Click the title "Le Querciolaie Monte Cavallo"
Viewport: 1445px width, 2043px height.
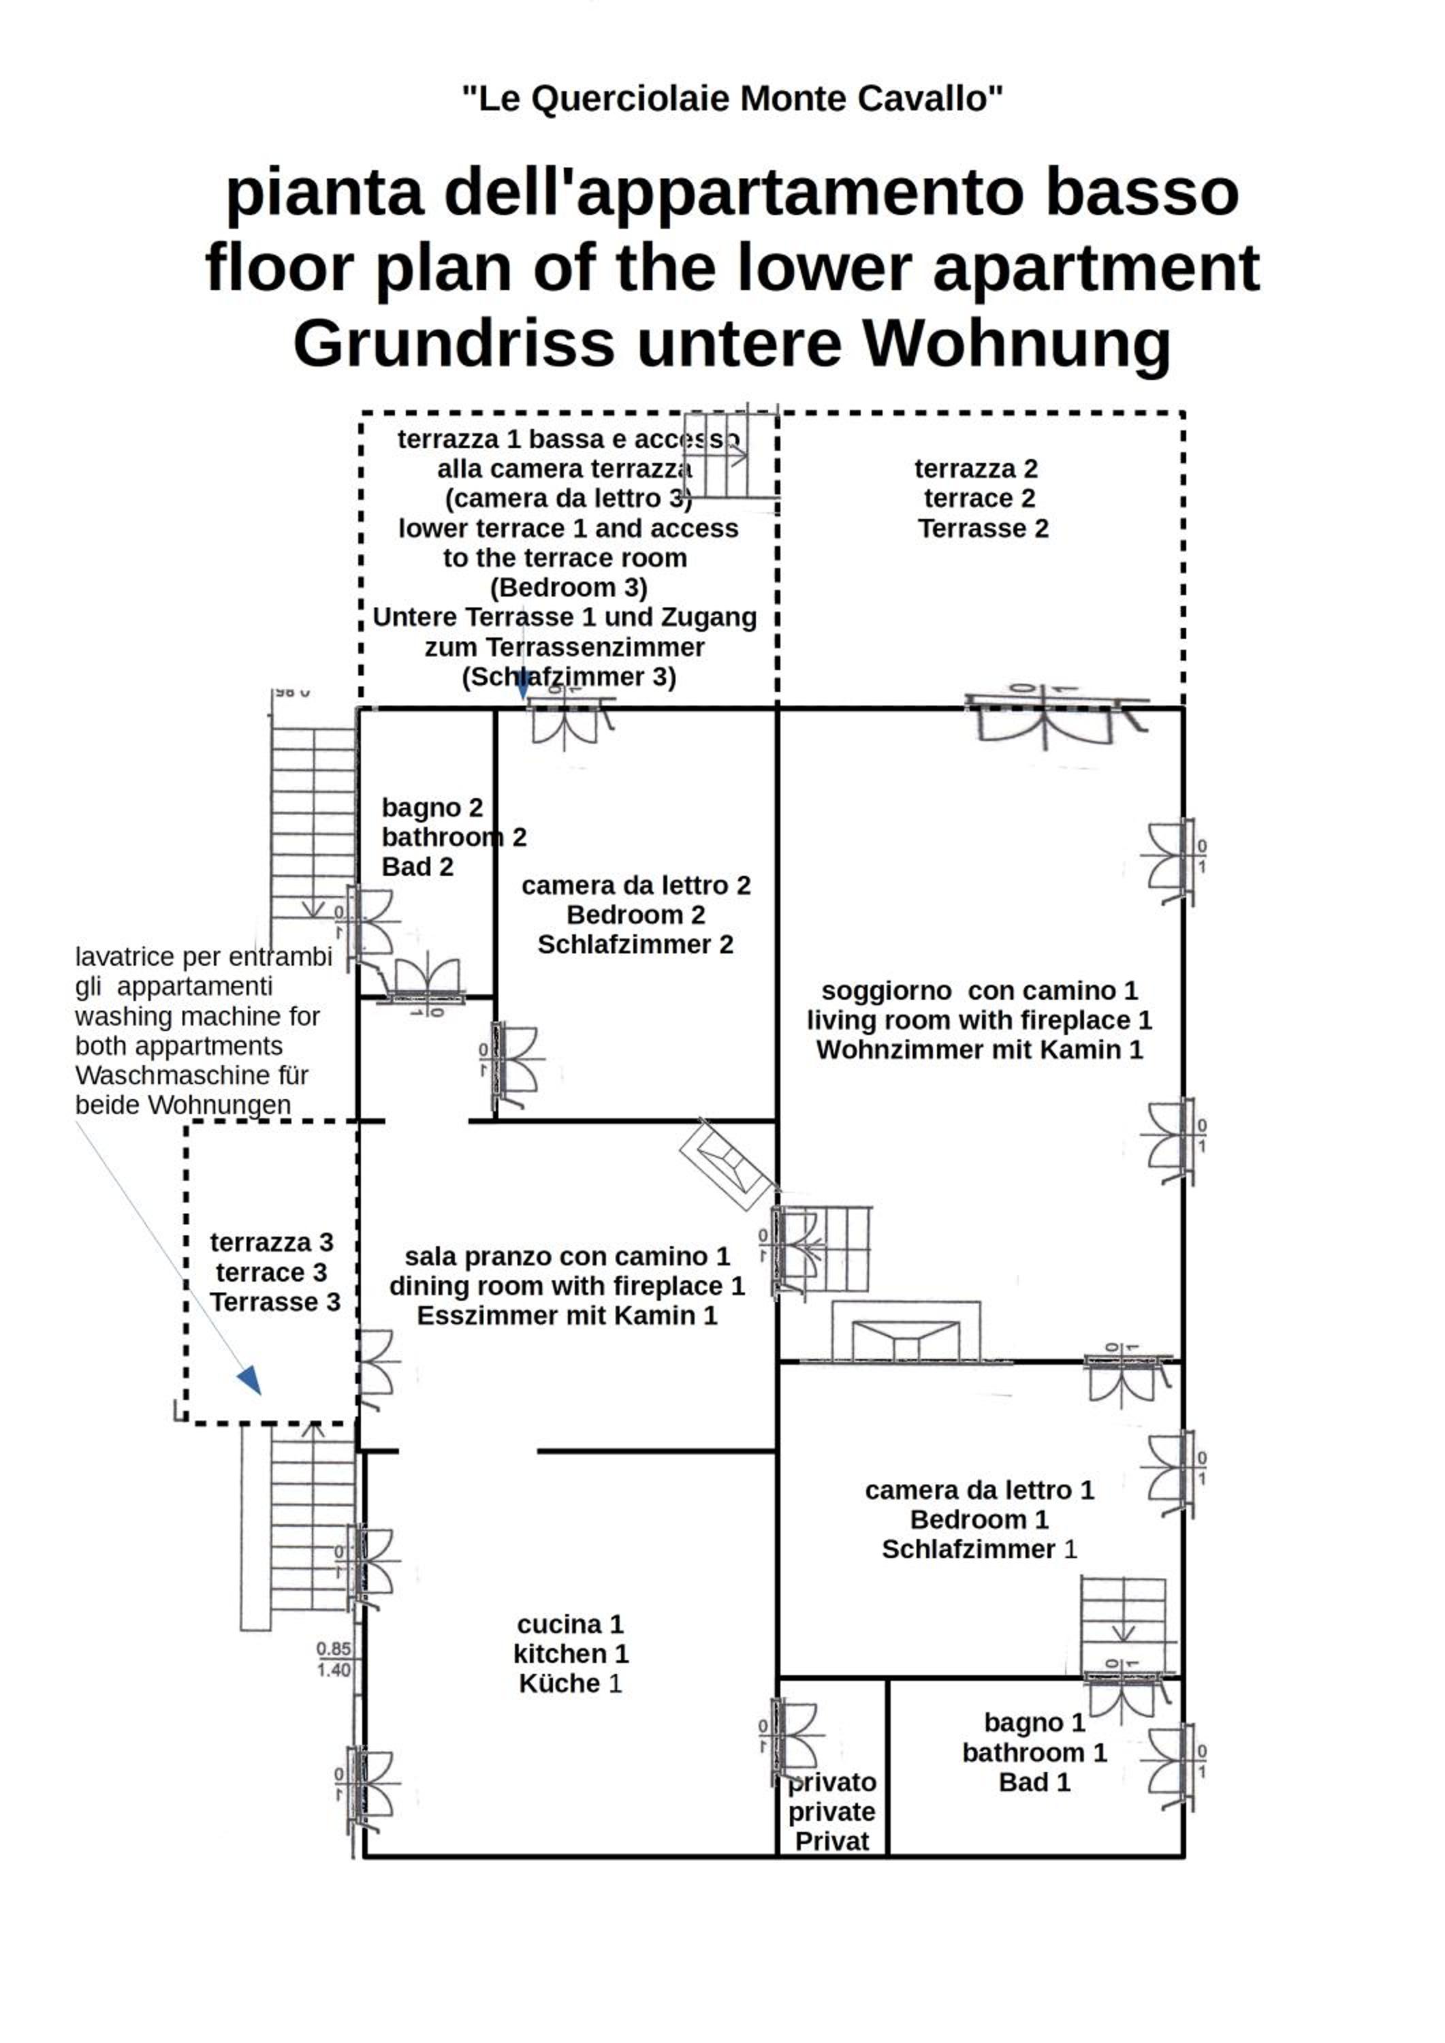point(731,99)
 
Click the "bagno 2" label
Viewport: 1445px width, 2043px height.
point(432,807)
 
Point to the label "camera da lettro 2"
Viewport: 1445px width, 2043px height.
point(636,885)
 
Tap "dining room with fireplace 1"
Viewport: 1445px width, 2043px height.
point(567,1286)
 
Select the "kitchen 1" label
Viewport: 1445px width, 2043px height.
point(571,1654)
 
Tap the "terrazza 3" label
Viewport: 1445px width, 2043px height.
point(272,1242)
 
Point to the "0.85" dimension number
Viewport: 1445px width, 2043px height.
point(334,1649)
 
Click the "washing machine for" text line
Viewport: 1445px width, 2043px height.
point(197,1016)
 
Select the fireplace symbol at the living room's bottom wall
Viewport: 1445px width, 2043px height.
point(906,1333)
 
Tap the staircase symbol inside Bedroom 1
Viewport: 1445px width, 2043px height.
point(1124,1625)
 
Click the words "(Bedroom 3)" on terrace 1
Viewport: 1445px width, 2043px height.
point(569,587)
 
